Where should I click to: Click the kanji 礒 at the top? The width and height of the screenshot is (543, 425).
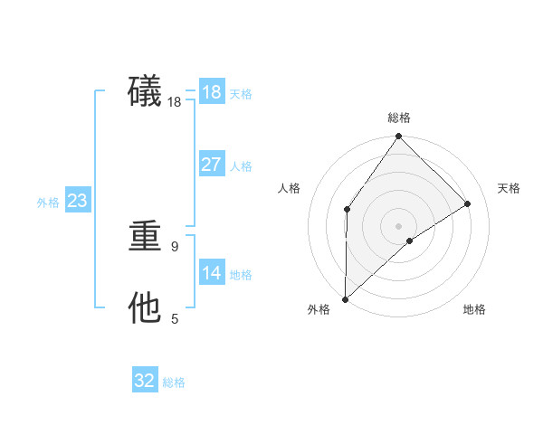click(x=145, y=91)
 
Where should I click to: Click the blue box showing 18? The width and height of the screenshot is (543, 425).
click(x=211, y=92)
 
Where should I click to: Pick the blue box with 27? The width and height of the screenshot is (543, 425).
click(x=211, y=165)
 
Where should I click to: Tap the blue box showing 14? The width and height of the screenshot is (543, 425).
click(x=211, y=273)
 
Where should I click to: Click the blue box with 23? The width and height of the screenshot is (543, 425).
click(x=77, y=201)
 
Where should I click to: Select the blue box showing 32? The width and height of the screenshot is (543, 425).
click(x=145, y=381)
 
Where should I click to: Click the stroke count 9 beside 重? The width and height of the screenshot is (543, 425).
click(x=175, y=246)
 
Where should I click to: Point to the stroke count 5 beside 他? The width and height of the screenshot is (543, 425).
click(x=175, y=318)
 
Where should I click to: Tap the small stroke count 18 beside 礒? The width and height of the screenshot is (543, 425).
click(x=175, y=102)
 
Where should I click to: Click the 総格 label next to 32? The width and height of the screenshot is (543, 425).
click(x=174, y=382)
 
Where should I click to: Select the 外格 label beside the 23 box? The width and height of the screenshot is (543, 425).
click(x=48, y=203)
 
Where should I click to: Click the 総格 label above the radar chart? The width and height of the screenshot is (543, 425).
click(x=399, y=118)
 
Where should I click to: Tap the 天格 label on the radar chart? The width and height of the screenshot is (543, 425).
click(x=509, y=188)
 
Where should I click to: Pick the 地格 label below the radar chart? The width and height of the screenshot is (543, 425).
click(x=474, y=309)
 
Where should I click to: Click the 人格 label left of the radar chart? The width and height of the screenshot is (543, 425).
click(x=290, y=188)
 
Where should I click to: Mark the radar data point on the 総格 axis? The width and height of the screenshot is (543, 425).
click(x=399, y=137)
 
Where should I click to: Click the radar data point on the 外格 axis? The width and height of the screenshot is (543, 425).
click(x=345, y=299)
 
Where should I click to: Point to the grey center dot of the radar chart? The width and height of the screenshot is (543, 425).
click(x=399, y=225)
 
